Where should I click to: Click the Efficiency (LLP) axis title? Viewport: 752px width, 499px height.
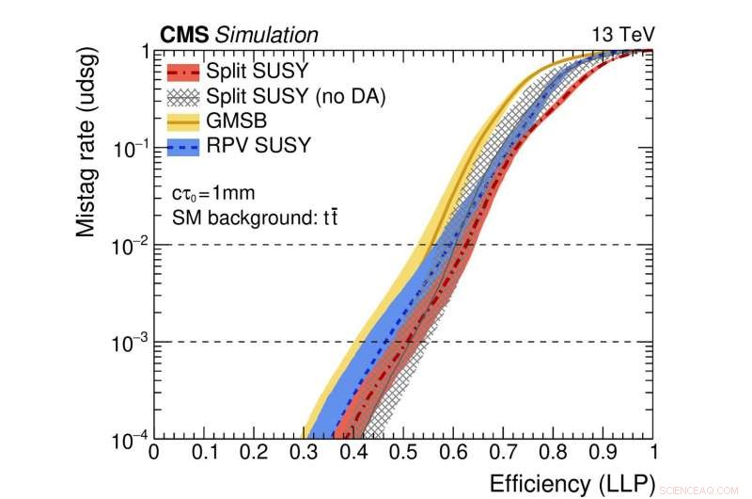571,484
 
